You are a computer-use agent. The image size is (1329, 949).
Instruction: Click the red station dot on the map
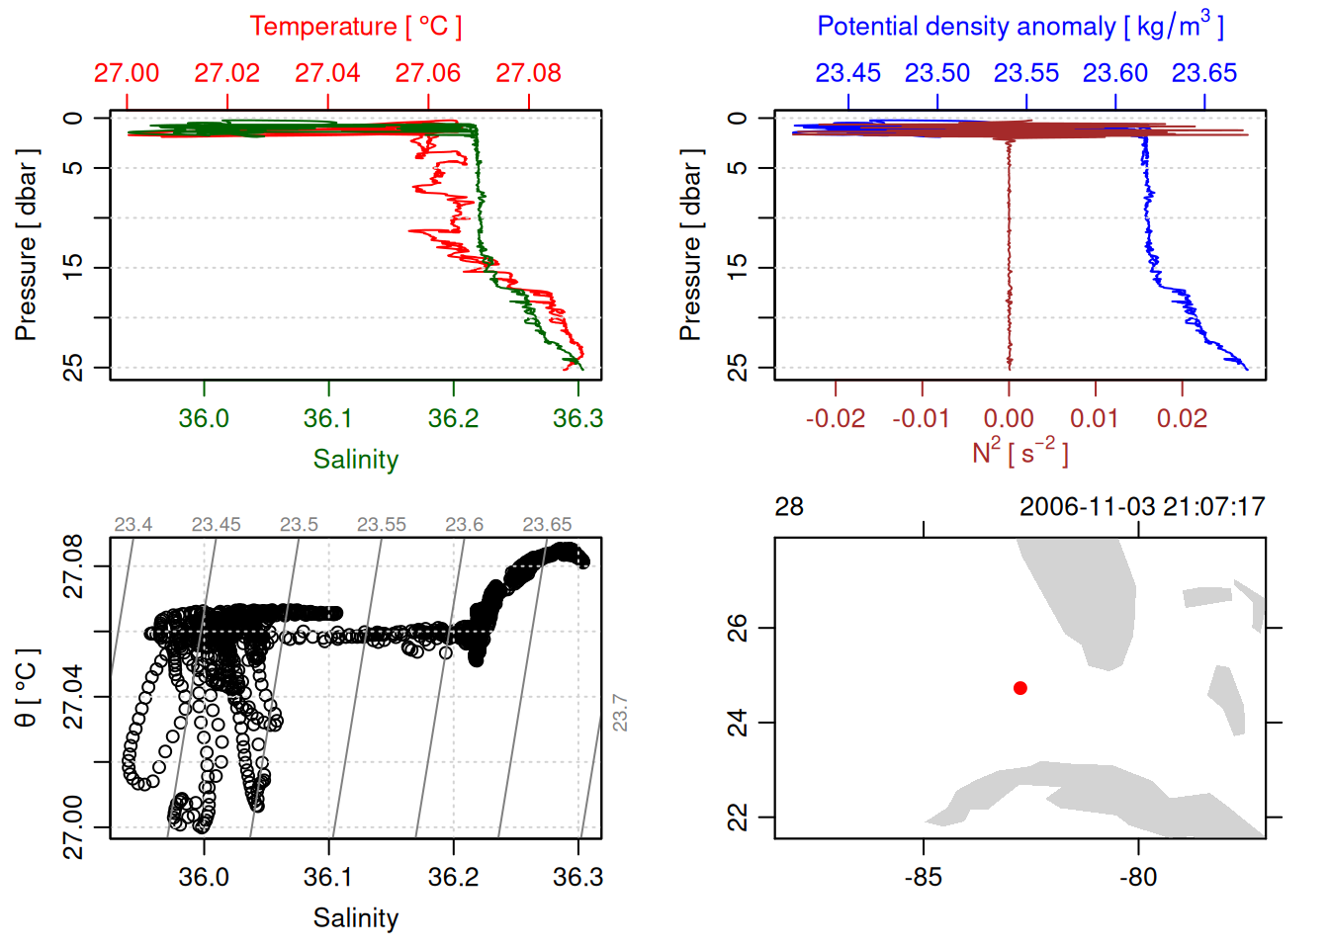tap(1019, 688)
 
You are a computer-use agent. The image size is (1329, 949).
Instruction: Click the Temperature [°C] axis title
tap(355, 27)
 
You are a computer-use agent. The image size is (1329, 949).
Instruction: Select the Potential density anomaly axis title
tap(1019, 26)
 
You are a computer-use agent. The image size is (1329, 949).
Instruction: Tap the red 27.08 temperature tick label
tap(528, 73)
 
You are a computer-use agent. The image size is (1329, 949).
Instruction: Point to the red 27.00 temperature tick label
tap(127, 73)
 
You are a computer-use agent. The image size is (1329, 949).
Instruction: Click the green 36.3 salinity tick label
tap(577, 418)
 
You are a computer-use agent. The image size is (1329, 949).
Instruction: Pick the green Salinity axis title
tap(355, 460)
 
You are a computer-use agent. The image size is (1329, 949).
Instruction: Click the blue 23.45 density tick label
tap(847, 73)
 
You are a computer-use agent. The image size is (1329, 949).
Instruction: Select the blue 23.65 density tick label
tap(1203, 73)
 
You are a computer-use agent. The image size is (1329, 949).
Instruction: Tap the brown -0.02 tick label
tap(835, 418)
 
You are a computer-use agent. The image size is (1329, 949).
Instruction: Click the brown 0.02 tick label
tap(1182, 418)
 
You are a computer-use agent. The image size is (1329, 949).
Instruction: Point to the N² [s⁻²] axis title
tap(1019, 452)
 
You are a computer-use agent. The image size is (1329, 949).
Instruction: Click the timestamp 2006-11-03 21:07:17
tap(1142, 507)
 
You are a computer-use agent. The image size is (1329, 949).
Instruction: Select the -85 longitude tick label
tap(923, 877)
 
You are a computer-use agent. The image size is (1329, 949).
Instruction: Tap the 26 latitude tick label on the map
tap(738, 628)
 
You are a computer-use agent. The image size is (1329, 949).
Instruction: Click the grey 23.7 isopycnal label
tap(620, 712)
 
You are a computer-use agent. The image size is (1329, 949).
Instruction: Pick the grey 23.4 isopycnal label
tap(133, 524)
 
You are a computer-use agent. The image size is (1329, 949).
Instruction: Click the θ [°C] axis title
tap(26, 688)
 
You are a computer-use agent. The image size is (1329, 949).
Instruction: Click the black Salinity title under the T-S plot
tap(355, 918)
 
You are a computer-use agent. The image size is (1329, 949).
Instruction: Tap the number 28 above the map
tap(789, 507)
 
